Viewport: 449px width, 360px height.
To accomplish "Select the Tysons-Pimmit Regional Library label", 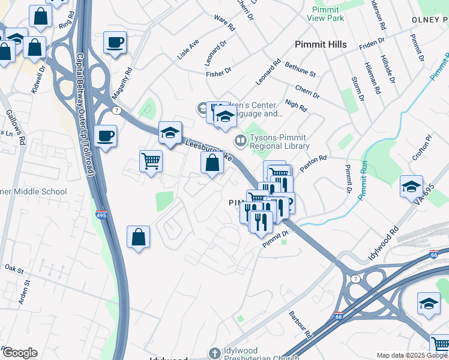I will coord(279,142).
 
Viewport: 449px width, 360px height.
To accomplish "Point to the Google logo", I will coord(20,353).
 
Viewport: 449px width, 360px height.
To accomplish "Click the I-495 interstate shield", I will coord(101,214).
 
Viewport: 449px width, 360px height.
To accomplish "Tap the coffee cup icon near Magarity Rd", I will coord(115,43).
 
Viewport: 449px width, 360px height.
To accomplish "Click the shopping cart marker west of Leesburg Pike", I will coord(151,161).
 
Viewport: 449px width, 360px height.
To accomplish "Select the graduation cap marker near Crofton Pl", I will coord(411,187).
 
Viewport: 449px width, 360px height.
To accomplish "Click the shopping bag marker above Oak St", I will coord(139,236).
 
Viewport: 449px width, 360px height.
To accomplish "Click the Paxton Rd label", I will coord(313,163).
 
